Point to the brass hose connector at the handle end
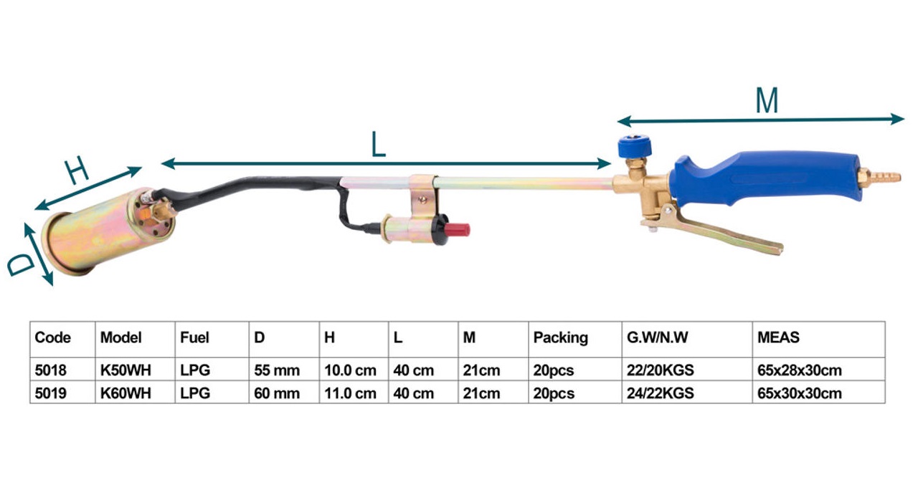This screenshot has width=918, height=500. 879,177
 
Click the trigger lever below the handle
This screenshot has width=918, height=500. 715,232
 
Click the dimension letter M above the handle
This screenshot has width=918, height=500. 767,100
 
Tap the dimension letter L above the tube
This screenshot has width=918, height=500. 378,144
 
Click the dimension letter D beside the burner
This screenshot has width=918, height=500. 22,264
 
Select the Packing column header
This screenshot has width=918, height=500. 560,338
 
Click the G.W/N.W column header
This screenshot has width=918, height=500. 657,337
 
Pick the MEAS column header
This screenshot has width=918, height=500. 778,337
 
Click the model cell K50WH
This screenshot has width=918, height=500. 126,370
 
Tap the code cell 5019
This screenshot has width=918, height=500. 50,393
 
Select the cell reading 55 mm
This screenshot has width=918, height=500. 277,370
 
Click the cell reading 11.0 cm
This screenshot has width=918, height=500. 350,393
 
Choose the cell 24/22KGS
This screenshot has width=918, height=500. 660,393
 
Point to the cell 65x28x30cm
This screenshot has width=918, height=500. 799,370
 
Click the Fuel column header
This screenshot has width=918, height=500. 194,337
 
